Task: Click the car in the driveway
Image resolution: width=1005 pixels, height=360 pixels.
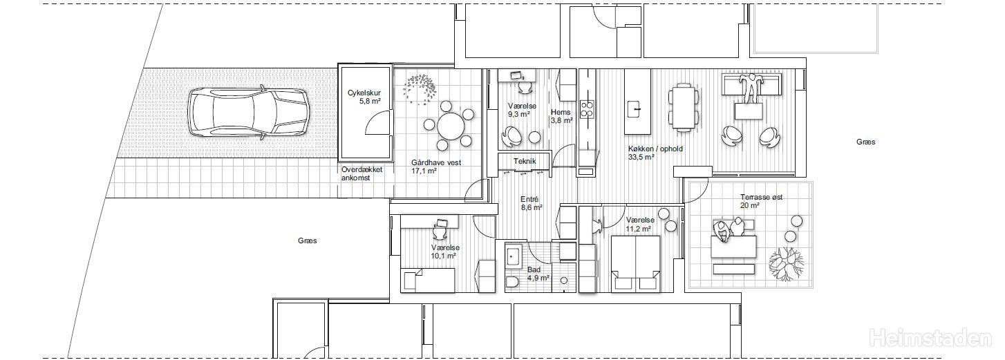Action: (248, 112)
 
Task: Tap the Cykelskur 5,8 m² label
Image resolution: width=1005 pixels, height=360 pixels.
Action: (364, 97)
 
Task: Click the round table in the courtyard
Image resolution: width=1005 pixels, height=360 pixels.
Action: (451, 126)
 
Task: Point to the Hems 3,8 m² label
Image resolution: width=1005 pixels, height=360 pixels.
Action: (561, 116)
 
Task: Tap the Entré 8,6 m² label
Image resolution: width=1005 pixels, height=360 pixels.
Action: (532, 203)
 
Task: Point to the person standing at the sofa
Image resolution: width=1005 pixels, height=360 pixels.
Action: (750, 88)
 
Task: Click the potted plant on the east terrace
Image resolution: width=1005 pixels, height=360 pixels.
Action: (787, 265)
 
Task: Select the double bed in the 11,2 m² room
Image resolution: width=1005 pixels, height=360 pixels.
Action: (636, 263)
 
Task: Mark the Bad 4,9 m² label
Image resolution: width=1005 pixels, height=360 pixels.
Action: (538, 274)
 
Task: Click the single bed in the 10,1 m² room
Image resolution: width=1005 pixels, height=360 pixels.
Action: (428, 280)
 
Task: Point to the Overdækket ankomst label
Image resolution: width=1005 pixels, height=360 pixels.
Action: (361, 174)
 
